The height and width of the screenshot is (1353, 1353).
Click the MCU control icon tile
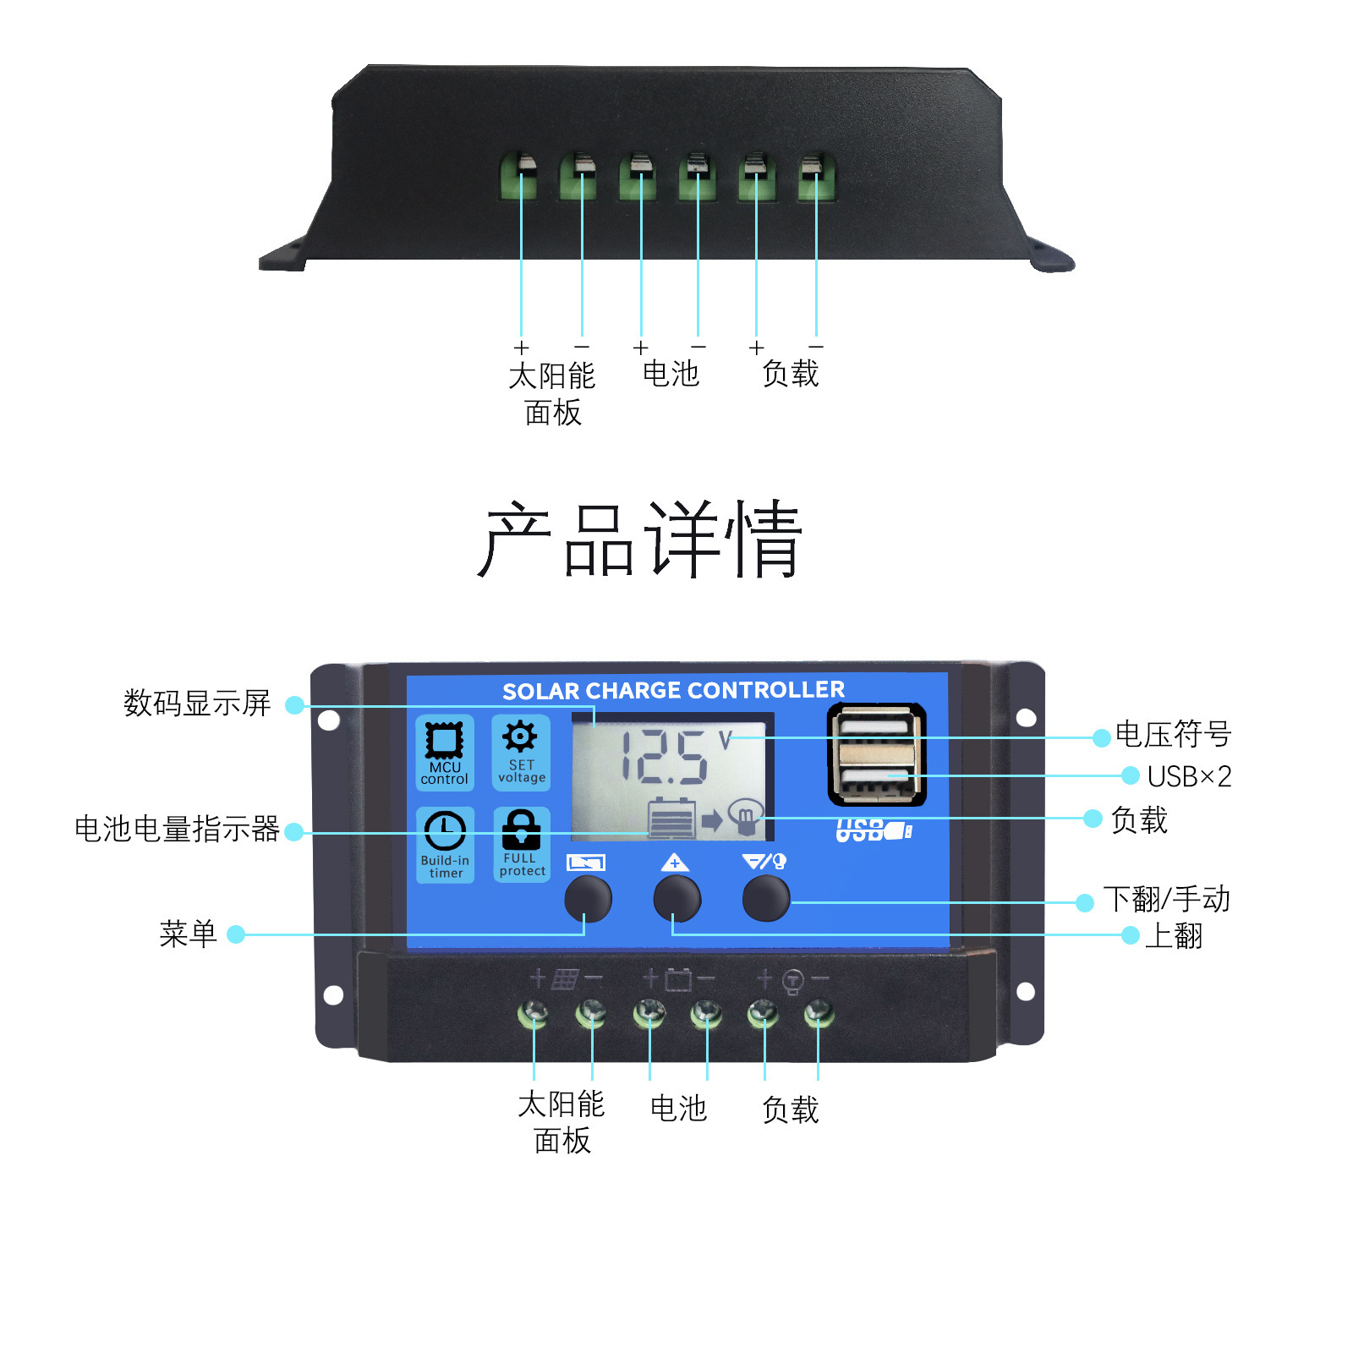pos(444,752)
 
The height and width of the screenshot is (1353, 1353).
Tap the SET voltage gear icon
pos(520,737)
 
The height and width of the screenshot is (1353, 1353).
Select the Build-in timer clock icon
pos(445,831)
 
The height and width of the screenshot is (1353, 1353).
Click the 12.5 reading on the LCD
pos(664,757)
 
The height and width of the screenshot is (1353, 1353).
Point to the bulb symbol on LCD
pos(746,816)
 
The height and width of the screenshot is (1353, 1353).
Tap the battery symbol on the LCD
pos(672,819)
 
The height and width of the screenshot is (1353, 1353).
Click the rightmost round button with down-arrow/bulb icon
pos(765,898)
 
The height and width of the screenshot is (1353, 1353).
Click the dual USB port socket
pos(876,754)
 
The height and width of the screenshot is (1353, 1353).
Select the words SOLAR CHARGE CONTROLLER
pos(673,691)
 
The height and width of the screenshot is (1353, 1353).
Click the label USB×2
pos(1189,776)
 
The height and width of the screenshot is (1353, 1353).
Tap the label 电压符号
pos(1173,734)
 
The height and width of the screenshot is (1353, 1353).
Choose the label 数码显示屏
pos(197,703)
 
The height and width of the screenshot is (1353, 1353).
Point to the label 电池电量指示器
pos(177,829)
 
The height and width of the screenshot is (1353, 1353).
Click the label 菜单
pos(188,934)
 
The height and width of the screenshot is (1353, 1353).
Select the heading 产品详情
pos(640,540)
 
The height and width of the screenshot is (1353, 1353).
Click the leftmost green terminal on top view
pos(518,175)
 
